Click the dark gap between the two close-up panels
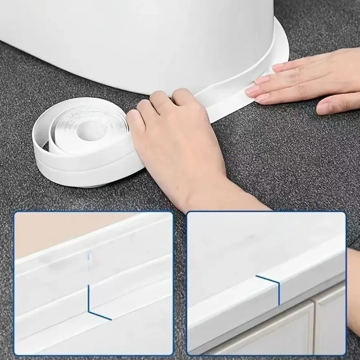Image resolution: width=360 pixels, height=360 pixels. [x=180, y=280]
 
